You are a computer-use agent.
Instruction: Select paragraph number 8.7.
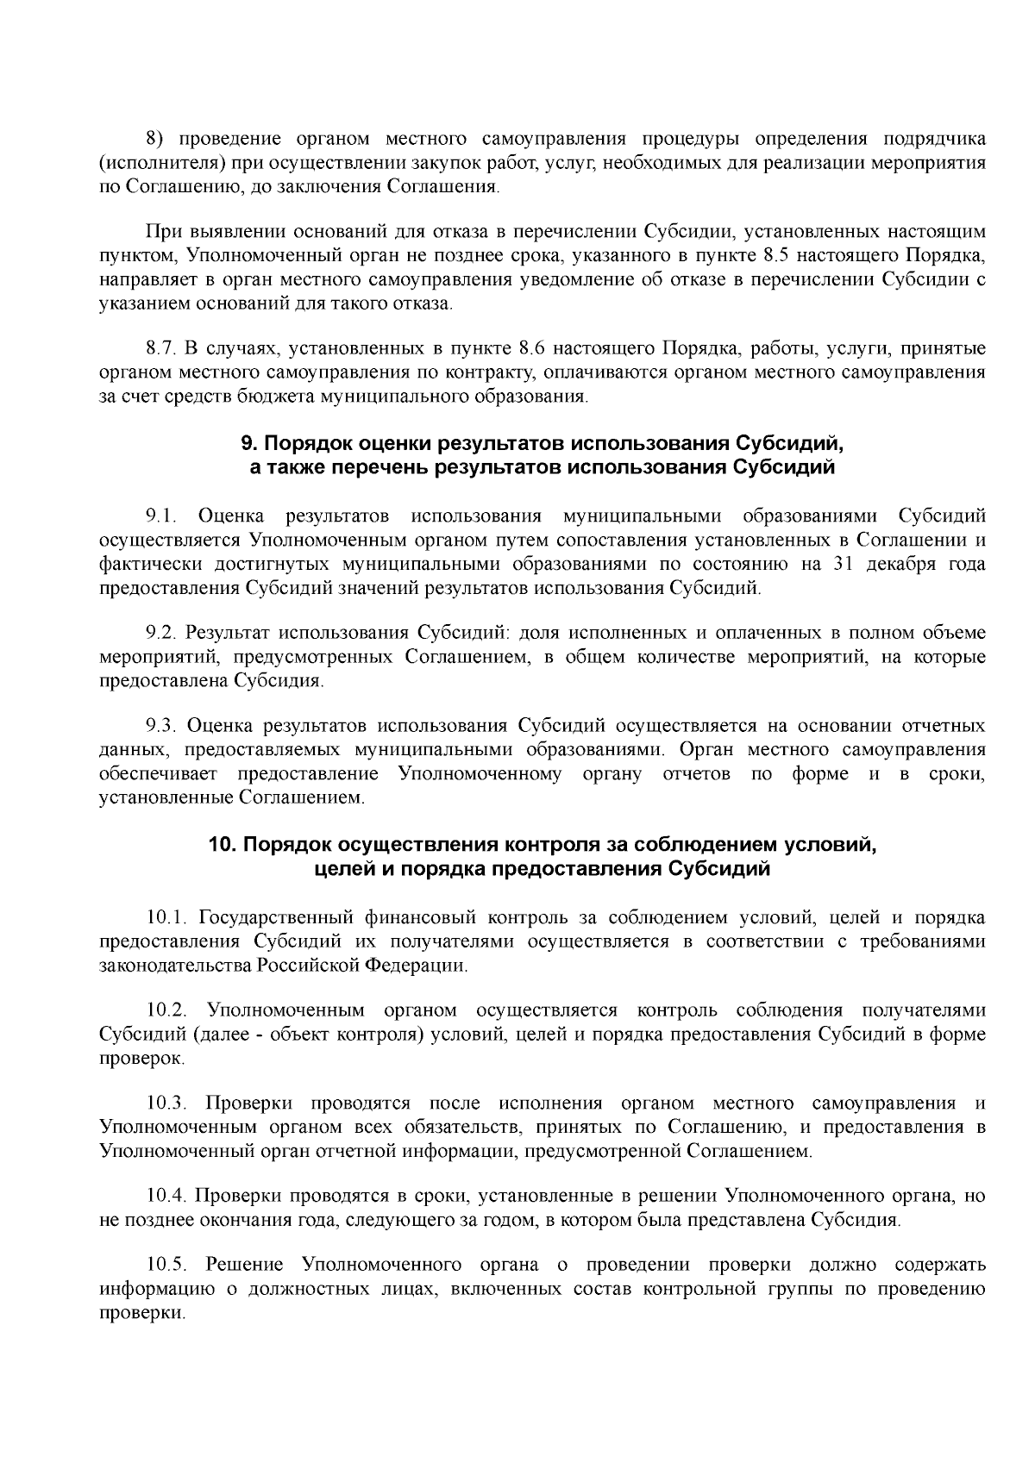point(161,349)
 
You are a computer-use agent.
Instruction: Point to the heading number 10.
point(223,844)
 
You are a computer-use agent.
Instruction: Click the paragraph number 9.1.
point(161,516)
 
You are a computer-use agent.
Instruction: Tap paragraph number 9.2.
point(161,634)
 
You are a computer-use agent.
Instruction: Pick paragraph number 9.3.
point(161,726)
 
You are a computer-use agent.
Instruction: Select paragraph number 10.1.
point(166,917)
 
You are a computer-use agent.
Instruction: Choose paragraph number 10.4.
point(166,1197)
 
